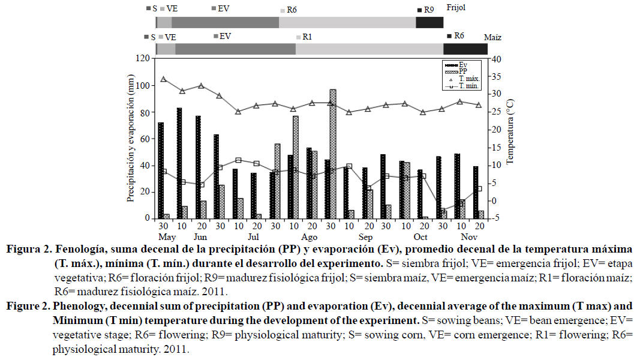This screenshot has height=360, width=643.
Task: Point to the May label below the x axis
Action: [x=162, y=236]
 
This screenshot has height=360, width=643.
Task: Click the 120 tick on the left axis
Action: [x=142, y=58]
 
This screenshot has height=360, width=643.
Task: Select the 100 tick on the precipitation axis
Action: [x=142, y=85]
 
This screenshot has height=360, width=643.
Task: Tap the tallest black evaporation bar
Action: [x=179, y=163]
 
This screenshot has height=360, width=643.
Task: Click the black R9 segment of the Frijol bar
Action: [x=429, y=22]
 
